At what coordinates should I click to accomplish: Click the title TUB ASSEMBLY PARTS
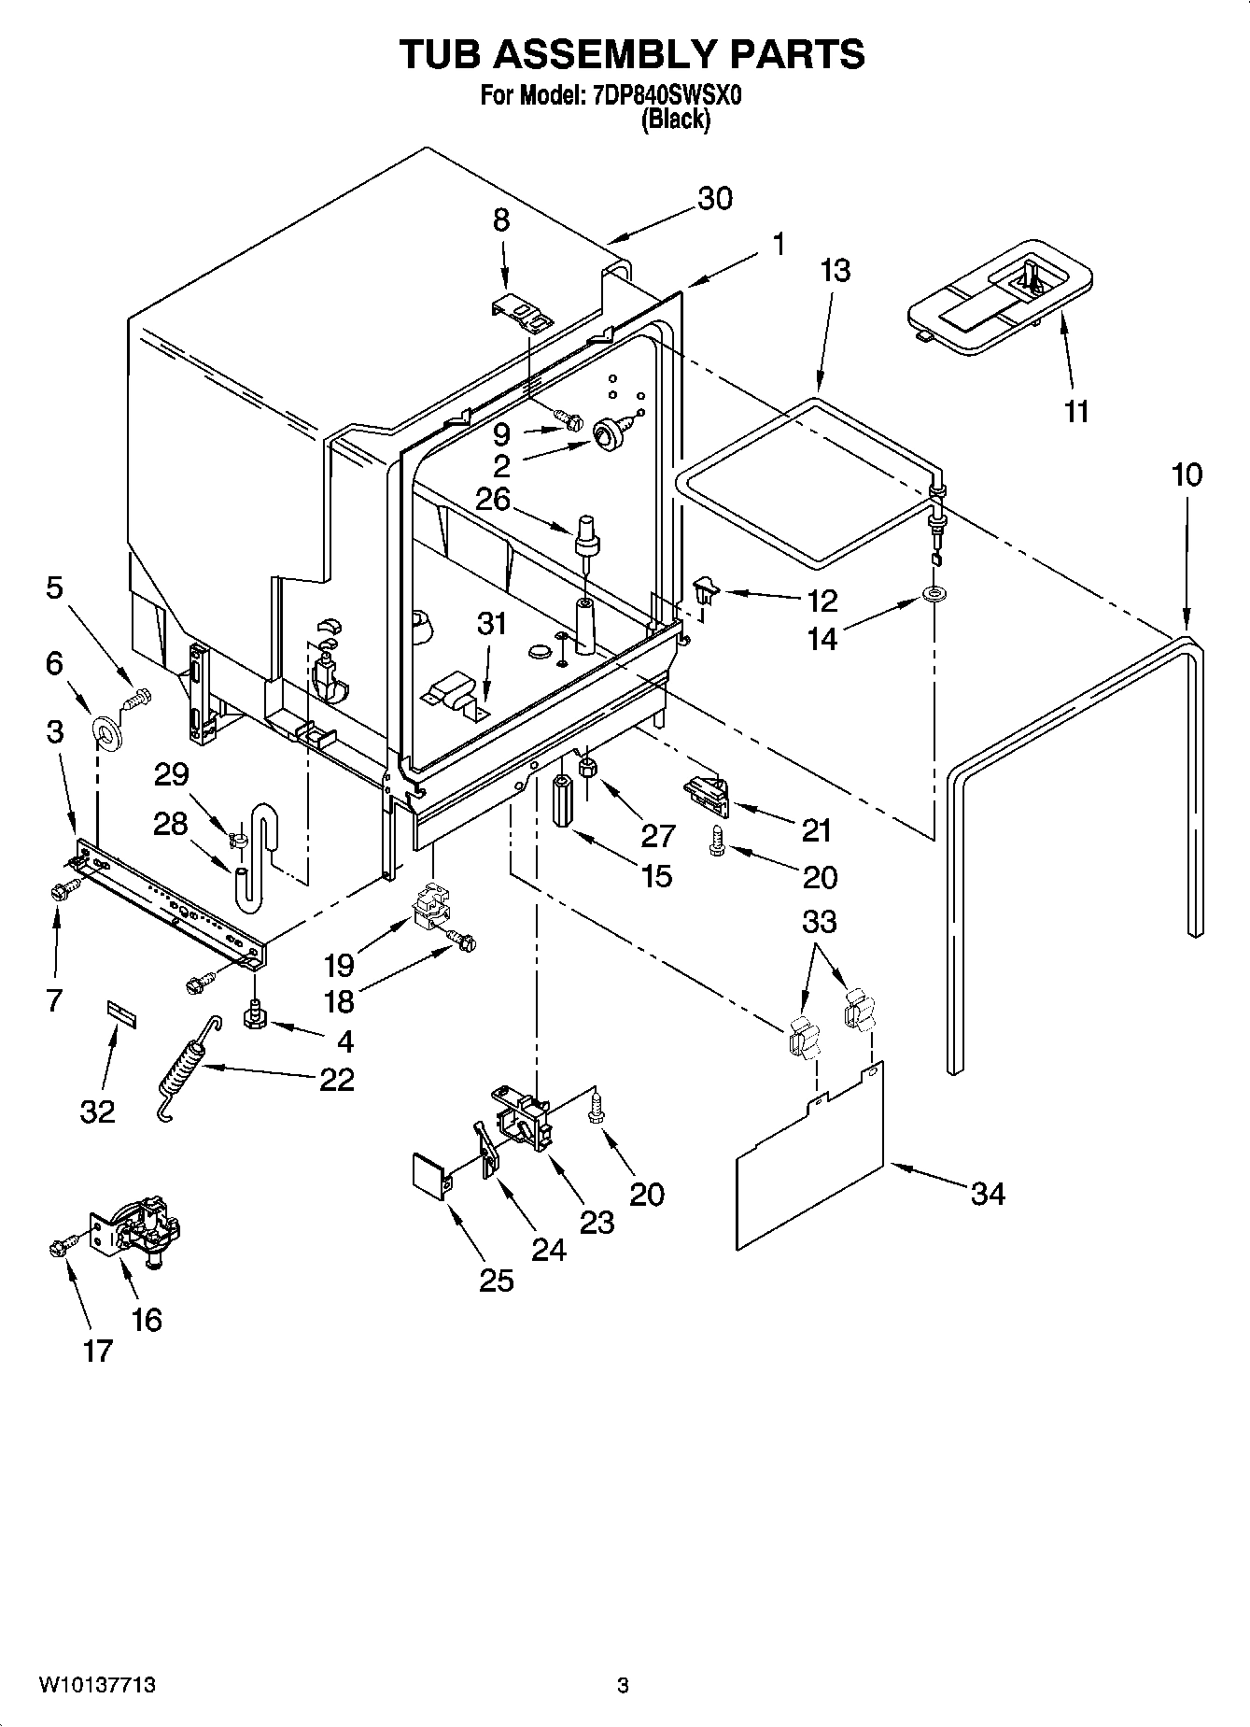coord(632,54)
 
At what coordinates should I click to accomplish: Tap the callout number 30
coord(715,199)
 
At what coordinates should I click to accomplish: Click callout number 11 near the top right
coord(1076,411)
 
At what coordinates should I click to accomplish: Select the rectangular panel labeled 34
coord(810,1158)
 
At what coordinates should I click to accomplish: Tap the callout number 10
coord(1187,475)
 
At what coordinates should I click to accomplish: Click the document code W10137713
coord(97,1686)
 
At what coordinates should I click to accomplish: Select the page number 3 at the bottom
coord(623,1686)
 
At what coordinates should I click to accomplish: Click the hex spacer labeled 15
coord(563,800)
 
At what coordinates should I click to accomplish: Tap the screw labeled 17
coord(59,1247)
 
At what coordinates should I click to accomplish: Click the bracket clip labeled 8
coord(521,314)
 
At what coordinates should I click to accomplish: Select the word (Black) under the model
coord(675,120)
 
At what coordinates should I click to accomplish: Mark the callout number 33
coord(819,922)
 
